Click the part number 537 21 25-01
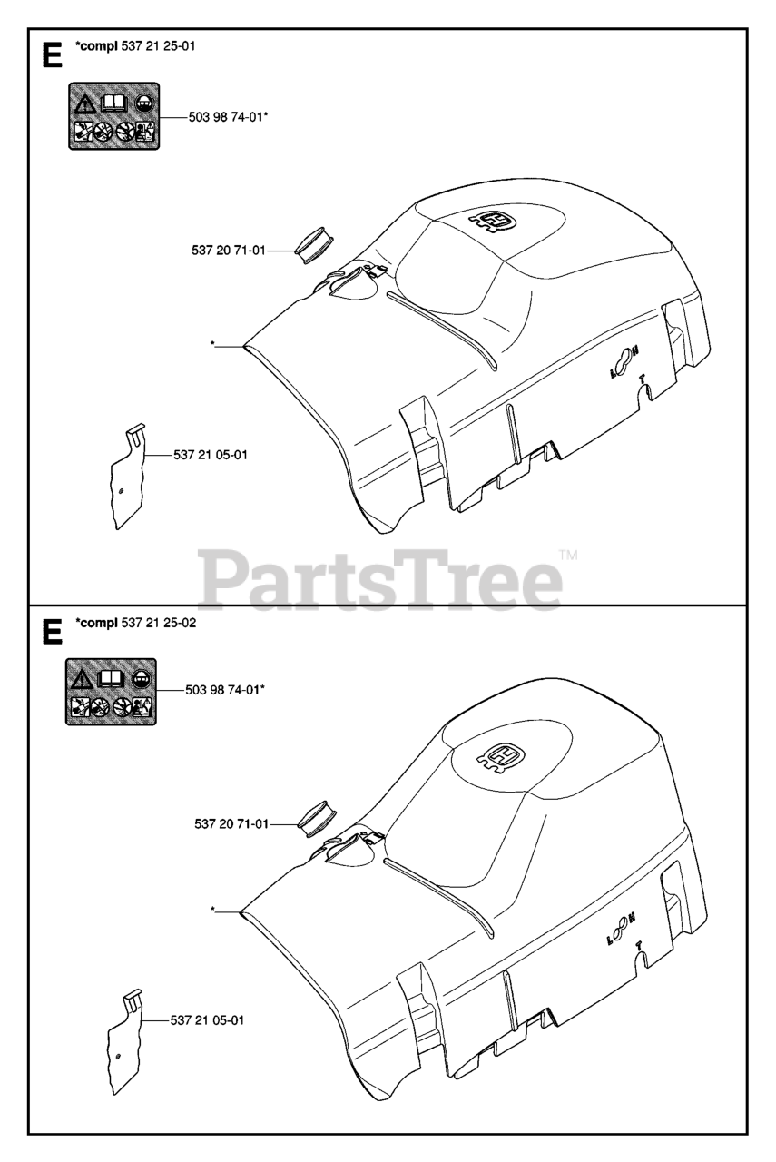(164, 46)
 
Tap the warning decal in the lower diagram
(112, 692)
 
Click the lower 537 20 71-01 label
(231, 824)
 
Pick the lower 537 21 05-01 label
(207, 1021)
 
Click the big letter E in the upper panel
(52, 56)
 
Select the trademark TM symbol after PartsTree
(568, 554)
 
